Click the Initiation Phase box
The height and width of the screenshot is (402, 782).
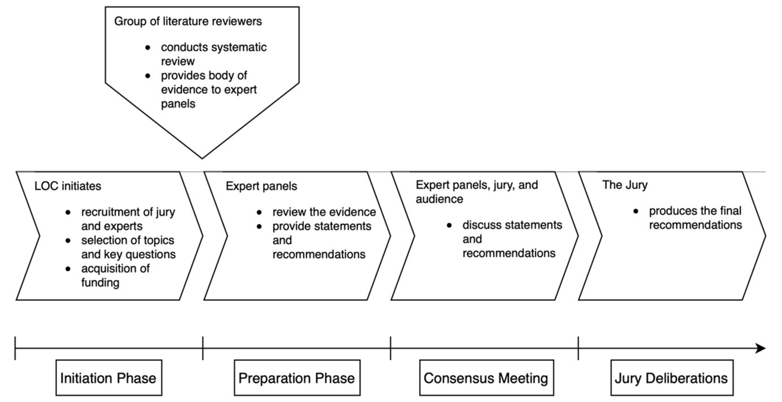[x=108, y=378]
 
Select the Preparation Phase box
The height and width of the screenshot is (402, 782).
[x=296, y=378]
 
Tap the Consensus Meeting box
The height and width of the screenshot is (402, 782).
[x=486, y=378]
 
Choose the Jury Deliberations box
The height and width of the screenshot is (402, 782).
[x=669, y=378]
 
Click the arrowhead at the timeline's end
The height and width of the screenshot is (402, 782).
[x=761, y=348]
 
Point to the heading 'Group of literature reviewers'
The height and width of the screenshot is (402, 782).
[x=188, y=22]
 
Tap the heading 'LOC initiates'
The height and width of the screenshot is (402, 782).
[x=68, y=186]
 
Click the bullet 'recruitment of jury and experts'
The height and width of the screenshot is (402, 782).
[x=127, y=219]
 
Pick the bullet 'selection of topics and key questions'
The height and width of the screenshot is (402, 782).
[x=127, y=247]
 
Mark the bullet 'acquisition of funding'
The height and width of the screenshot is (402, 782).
[x=116, y=276]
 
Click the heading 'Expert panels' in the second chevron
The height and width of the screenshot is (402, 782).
[x=261, y=186]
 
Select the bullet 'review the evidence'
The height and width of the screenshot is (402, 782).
[x=324, y=212]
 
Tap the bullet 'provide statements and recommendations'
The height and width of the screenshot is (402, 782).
[x=321, y=240]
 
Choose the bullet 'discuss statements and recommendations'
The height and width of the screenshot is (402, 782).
[x=511, y=239]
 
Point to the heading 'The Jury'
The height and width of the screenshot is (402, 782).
[x=625, y=185]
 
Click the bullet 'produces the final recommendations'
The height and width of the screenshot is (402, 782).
[x=694, y=218]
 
